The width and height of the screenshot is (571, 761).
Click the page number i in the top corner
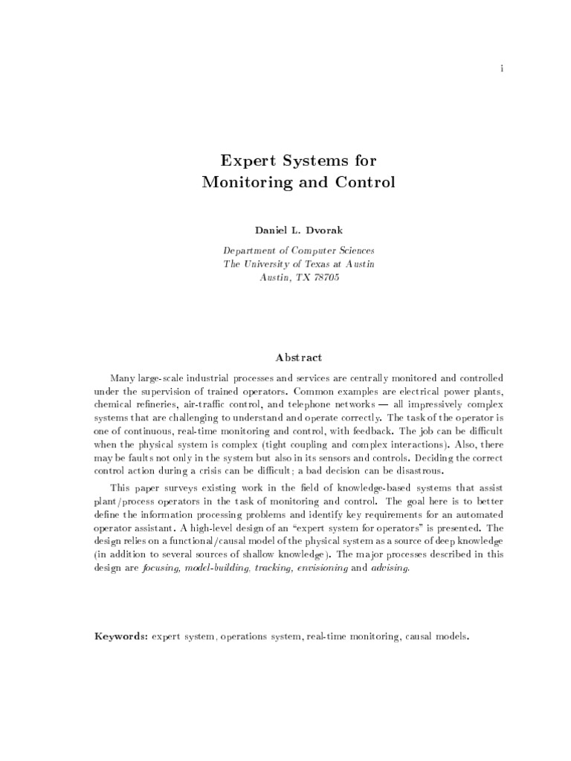(x=503, y=69)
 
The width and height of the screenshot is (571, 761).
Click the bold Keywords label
(x=119, y=637)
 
